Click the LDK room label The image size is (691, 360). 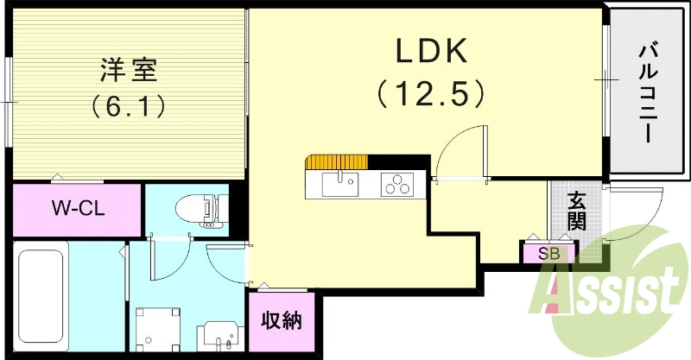coord(431,52)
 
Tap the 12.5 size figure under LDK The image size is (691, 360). coord(429,92)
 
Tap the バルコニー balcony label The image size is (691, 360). coord(646,95)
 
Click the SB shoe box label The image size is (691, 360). coord(548,254)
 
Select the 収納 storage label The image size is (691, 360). coord(281,320)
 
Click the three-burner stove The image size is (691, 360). coord(398,184)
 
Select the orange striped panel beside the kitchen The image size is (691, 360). coord(337,161)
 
